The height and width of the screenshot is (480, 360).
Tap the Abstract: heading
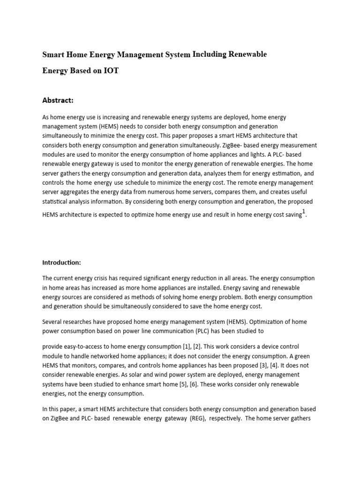coord(58,100)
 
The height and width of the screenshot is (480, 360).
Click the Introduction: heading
coord(62,262)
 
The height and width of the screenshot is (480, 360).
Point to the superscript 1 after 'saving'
coord(304,212)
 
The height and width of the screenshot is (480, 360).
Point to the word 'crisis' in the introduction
coord(98,278)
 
